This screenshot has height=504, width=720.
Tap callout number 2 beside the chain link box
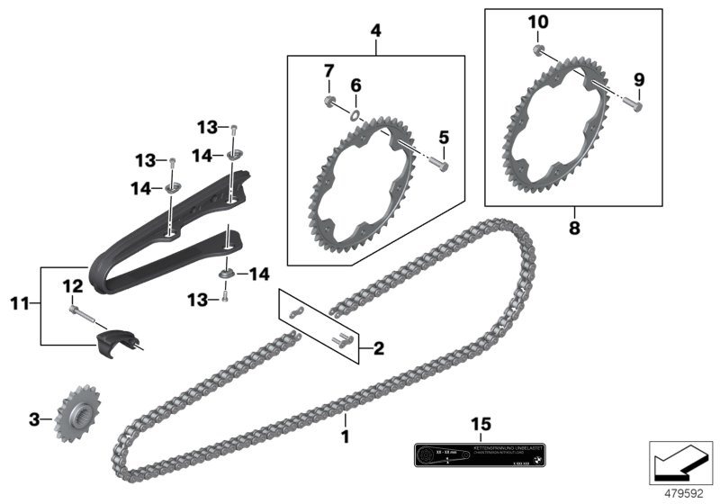click(379, 346)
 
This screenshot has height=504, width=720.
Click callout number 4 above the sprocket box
click(375, 31)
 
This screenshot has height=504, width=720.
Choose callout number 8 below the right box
click(574, 229)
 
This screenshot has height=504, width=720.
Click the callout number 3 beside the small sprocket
click(33, 419)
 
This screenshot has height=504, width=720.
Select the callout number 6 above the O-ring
click(355, 85)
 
